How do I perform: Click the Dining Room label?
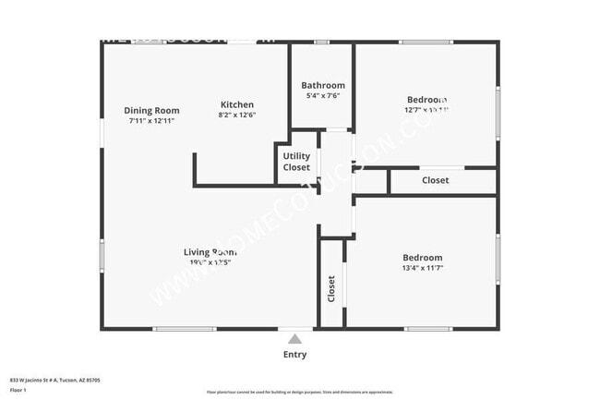click(x=151, y=111)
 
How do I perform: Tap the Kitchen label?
click(x=236, y=104)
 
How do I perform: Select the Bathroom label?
click(x=323, y=85)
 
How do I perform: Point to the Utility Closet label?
click(x=296, y=162)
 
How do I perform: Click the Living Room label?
click(x=211, y=252)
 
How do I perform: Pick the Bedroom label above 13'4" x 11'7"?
click(x=422, y=258)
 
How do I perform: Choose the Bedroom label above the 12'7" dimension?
click(x=426, y=100)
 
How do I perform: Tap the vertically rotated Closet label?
click(x=331, y=289)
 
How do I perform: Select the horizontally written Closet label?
click(x=436, y=180)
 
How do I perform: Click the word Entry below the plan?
click(x=294, y=355)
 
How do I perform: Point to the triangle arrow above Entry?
click(x=294, y=339)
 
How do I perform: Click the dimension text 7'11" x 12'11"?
click(x=151, y=121)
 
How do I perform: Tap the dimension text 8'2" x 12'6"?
click(x=236, y=115)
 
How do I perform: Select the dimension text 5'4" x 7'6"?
click(x=323, y=96)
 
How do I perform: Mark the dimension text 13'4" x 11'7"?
click(x=422, y=268)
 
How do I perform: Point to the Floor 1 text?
click(x=18, y=390)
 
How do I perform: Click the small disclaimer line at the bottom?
click(x=294, y=393)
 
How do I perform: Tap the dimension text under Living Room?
click(x=211, y=262)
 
